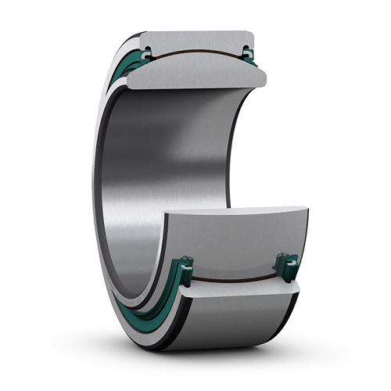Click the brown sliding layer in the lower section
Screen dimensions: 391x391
[235, 279]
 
